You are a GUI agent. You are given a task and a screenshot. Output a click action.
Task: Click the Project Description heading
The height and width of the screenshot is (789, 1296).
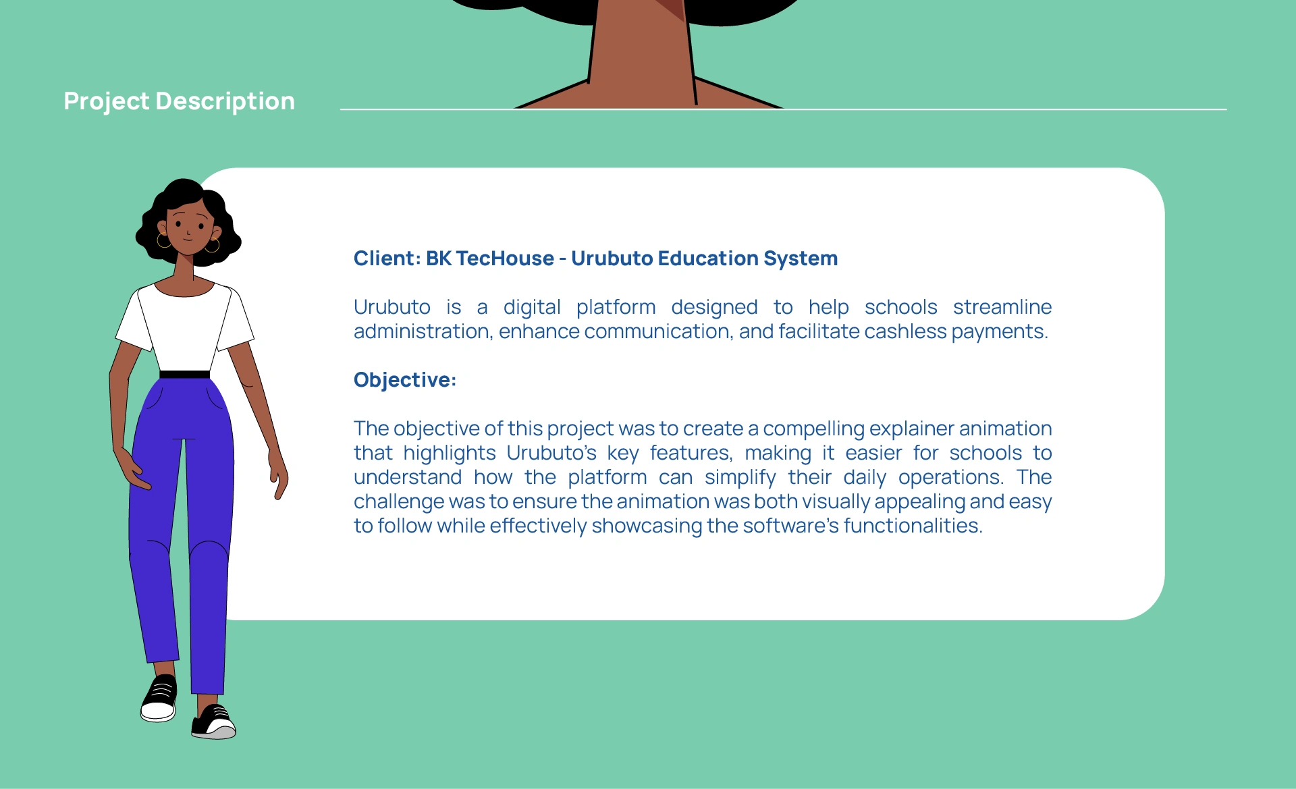click(180, 101)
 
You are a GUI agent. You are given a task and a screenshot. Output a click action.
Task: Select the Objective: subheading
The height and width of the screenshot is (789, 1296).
click(405, 380)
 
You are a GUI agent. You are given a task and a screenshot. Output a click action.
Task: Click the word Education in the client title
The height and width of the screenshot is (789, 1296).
click(708, 259)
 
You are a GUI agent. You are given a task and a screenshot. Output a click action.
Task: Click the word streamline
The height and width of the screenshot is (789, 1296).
click(1002, 307)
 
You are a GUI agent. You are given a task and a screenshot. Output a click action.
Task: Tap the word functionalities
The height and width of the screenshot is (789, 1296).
click(913, 526)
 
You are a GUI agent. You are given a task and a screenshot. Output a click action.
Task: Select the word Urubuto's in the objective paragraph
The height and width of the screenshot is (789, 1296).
click(551, 453)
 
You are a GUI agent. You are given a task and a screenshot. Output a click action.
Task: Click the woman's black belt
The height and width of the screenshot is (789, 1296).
click(184, 375)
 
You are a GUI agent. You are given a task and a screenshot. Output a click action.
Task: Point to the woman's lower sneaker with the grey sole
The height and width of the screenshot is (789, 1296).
click(214, 723)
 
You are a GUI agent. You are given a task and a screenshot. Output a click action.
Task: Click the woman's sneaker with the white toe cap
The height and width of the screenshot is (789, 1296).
click(159, 698)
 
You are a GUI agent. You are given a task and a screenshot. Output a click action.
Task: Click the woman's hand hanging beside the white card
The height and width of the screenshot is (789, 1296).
click(279, 473)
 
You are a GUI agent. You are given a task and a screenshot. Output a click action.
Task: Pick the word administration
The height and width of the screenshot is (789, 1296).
click(422, 331)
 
